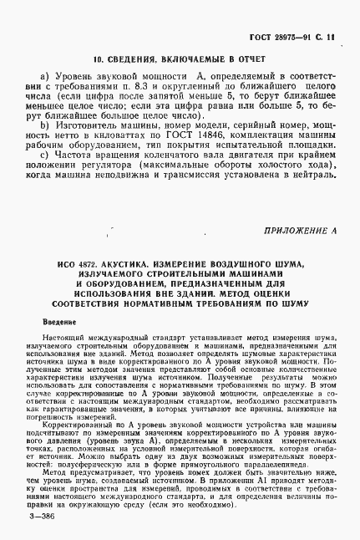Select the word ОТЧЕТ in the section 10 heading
click(x=247, y=60)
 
